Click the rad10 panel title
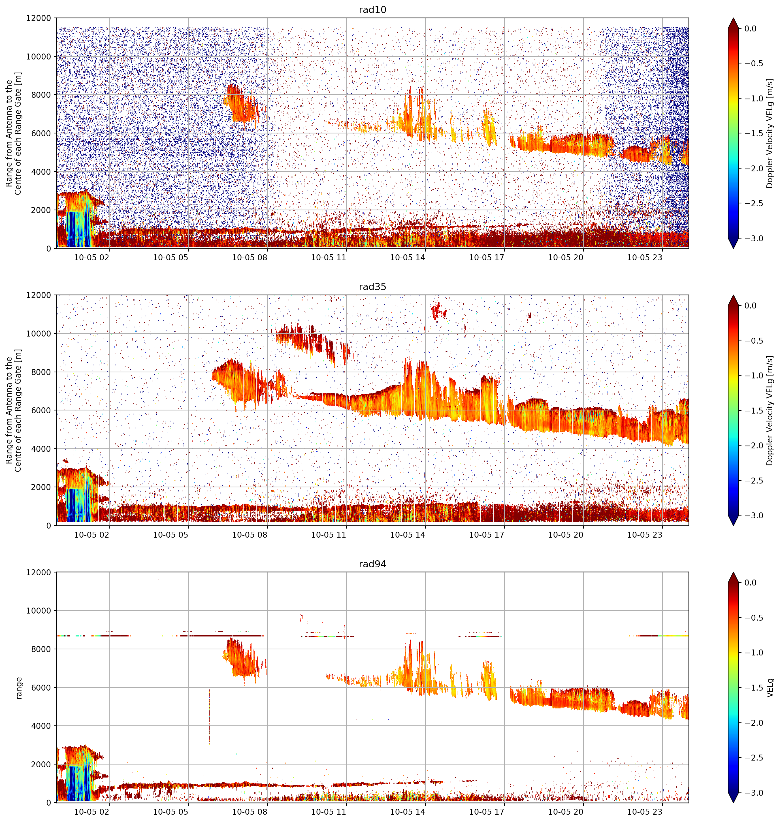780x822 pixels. click(372, 10)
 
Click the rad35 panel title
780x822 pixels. click(372, 286)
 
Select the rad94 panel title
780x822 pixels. click(372, 564)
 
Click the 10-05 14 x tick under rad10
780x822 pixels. click(408, 257)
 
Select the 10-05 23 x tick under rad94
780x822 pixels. click(644, 812)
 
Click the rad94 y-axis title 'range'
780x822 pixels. click(19, 688)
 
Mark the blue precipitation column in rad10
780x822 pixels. click(78, 229)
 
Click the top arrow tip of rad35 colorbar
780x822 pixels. click(734, 296)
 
